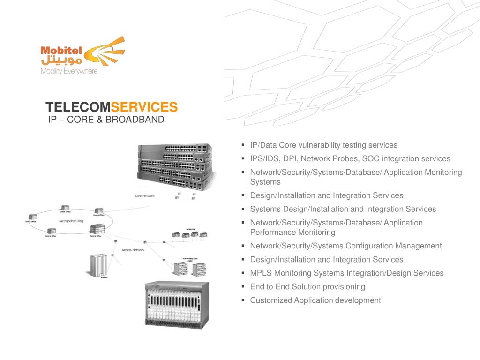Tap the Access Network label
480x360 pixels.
[133, 250]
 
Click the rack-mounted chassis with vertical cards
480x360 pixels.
[177, 305]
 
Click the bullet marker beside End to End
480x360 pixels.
[243, 286]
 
